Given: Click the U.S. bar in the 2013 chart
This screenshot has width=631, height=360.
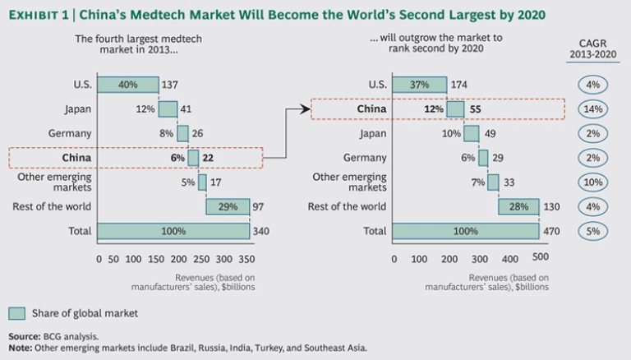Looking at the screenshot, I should (x=127, y=85).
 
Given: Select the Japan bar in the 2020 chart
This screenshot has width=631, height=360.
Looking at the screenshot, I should (x=471, y=133).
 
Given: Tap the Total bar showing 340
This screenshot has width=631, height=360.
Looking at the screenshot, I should (x=173, y=231).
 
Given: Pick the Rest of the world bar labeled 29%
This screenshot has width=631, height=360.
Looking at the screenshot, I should (x=228, y=206).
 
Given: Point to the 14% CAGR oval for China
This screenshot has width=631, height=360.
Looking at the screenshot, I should (x=592, y=109).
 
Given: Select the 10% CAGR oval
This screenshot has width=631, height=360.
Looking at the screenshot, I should (x=592, y=182).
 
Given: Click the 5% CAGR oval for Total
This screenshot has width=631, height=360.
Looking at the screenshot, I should (x=592, y=231).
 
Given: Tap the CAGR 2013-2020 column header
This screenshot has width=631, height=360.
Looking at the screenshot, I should (x=592, y=49).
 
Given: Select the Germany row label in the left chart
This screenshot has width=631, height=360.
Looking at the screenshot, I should (x=71, y=133).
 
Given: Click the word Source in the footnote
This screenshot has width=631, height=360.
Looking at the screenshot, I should (x=23, y=336).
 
